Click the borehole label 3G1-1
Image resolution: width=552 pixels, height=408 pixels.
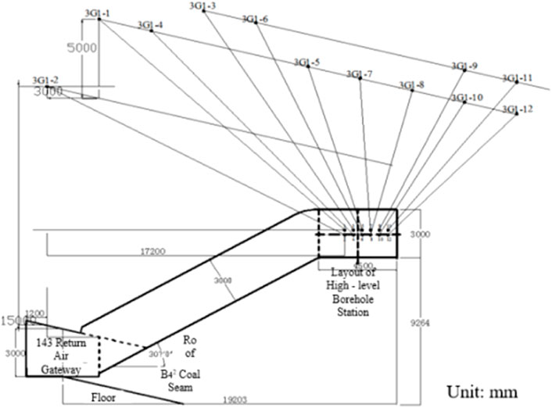97,13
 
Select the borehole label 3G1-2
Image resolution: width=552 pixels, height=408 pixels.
45,80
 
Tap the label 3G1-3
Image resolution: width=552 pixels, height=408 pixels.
203,6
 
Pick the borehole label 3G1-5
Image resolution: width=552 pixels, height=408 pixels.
306,62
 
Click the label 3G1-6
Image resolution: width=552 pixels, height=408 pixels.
255,19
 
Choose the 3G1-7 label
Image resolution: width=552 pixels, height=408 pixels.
359,74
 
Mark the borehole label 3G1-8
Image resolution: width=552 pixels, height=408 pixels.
411,84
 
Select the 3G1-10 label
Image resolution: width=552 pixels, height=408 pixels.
467,98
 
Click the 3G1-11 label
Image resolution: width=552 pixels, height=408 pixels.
518,78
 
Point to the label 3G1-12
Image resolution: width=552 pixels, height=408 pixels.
518,109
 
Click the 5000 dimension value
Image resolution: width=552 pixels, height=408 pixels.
82,48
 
